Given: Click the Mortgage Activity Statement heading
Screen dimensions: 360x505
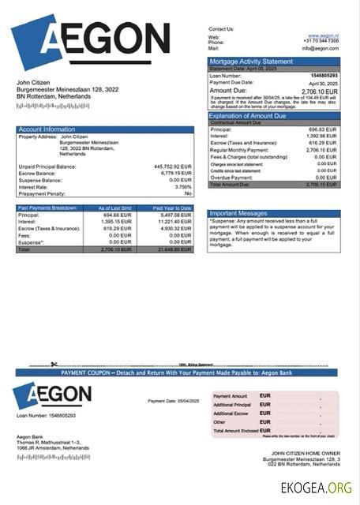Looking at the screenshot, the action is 250,61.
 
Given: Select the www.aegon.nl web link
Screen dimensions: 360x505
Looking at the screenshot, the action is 324,36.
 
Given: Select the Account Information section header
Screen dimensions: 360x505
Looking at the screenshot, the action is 47,129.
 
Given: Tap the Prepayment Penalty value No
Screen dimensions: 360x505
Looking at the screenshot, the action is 188,193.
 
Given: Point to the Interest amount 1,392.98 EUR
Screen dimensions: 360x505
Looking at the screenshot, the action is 321,137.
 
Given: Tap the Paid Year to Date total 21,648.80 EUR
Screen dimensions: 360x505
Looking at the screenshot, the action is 174,249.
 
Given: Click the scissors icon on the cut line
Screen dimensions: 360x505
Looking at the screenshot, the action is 54,365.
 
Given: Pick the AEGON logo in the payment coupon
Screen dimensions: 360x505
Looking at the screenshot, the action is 51,395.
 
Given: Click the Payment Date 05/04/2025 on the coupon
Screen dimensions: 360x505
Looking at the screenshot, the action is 174,401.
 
